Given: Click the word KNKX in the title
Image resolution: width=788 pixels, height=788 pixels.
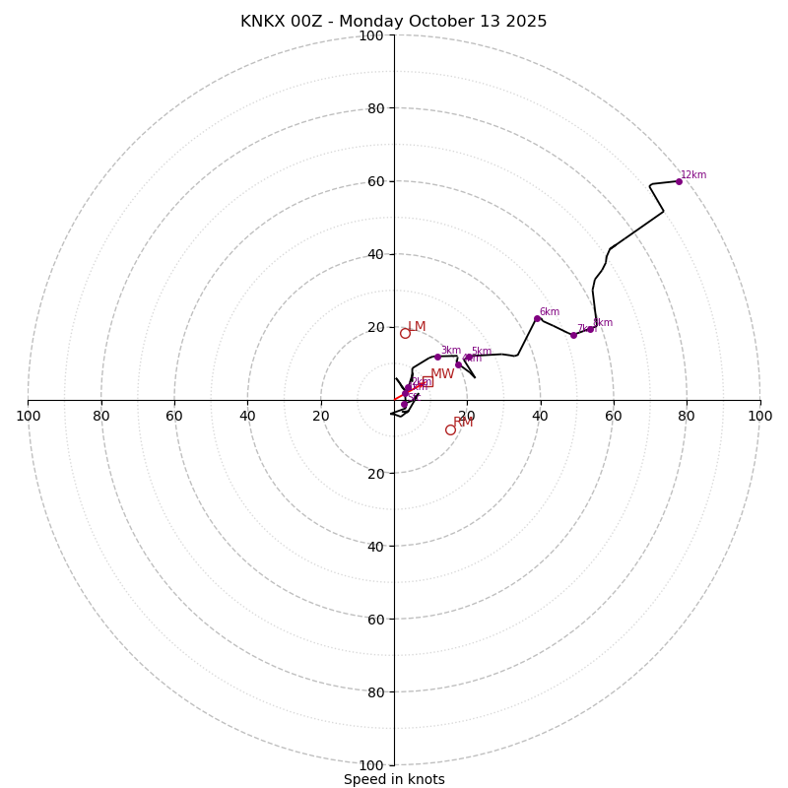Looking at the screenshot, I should (263, 22).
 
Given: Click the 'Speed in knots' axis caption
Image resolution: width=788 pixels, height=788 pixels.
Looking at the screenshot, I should (394, 779).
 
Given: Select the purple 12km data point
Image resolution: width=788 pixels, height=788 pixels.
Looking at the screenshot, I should (679, 181).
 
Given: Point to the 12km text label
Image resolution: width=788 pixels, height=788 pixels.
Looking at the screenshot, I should (693, 175).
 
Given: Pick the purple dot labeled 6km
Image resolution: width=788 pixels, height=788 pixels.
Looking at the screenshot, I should (537, 318).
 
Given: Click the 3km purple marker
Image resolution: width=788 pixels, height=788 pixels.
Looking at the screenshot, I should (437, 357).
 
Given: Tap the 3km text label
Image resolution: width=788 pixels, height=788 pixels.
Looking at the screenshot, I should (450, 351).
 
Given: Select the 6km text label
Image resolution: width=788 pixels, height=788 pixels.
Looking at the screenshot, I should (549, 312).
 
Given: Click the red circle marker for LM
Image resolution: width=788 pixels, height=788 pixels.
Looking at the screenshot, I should (405, 333).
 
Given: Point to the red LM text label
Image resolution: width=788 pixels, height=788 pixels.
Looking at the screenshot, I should (417, 327).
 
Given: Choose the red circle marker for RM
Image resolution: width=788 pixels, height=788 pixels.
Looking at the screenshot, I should (450, 429).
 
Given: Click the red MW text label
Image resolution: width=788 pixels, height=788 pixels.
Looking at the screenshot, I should (442, 374).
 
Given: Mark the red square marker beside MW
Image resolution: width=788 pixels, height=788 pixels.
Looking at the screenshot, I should (427, 382).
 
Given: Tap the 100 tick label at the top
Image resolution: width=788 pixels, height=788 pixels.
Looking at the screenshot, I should (371, 35).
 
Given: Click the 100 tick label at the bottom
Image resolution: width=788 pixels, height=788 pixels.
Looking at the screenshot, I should (371, 765).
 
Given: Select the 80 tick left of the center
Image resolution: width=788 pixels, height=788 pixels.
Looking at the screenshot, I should (101, 416).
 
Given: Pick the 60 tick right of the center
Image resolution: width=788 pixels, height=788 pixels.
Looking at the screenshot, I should (614, 416).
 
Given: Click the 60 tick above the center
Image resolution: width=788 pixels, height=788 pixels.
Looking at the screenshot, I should (375, 181).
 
